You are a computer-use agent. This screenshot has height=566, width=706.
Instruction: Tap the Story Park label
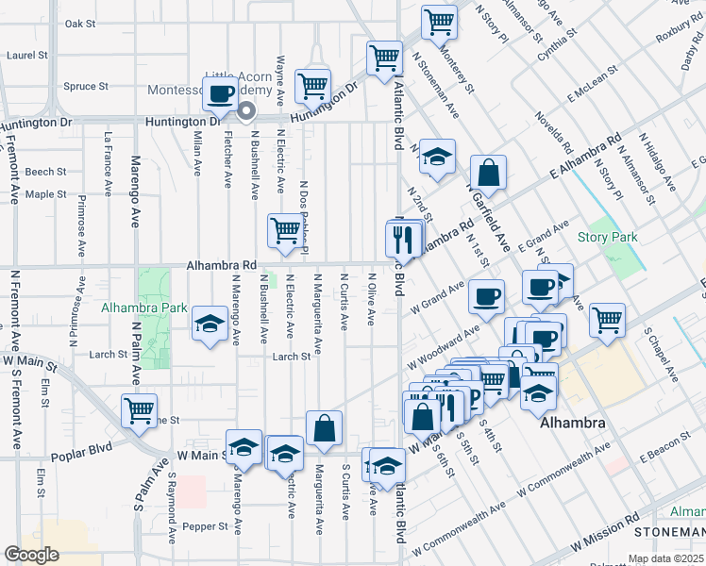608,238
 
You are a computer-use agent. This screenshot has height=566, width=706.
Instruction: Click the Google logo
31,555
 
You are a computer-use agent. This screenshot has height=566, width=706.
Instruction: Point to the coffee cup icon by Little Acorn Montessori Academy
221,93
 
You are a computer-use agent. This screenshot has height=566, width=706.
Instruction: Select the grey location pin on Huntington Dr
247,112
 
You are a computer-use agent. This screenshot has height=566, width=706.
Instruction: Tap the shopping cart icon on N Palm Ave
139,410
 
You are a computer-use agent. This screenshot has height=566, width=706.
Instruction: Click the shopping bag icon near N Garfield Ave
489,174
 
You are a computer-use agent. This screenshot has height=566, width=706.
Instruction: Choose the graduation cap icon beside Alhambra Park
208,325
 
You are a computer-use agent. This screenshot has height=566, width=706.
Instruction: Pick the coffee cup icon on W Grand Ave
487,296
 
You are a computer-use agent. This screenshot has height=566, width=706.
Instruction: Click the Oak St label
81,24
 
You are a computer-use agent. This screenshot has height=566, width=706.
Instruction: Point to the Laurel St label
21,56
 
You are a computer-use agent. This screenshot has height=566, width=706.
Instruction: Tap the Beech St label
46,172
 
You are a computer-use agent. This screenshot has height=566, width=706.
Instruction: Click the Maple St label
46,194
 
